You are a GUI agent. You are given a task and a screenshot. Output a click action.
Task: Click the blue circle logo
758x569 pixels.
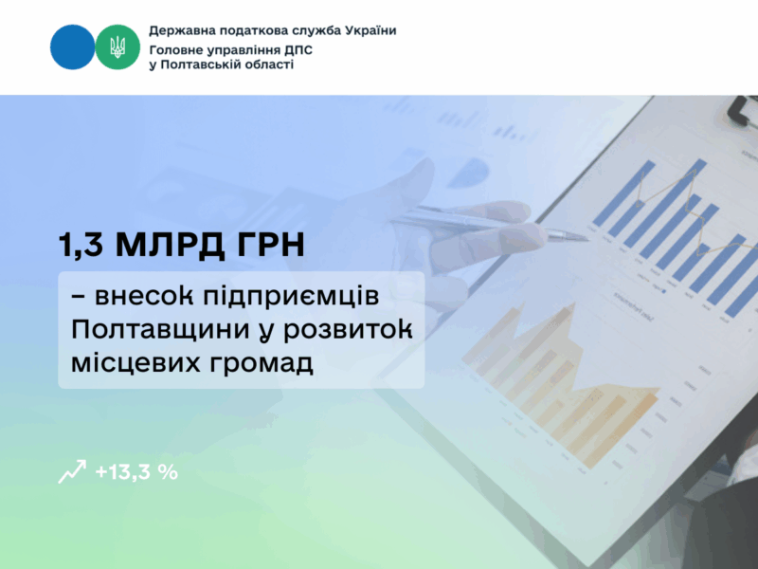point(72,47)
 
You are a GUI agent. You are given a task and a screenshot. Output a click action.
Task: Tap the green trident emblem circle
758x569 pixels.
point(117,47)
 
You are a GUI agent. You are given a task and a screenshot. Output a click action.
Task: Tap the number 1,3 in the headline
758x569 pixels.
point(81,247)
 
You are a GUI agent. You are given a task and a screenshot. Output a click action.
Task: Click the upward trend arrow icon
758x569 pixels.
point(72,471)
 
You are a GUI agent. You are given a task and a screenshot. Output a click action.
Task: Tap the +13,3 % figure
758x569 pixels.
point(136,471)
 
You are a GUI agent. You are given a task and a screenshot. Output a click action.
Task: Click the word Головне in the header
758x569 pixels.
point(180,47)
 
